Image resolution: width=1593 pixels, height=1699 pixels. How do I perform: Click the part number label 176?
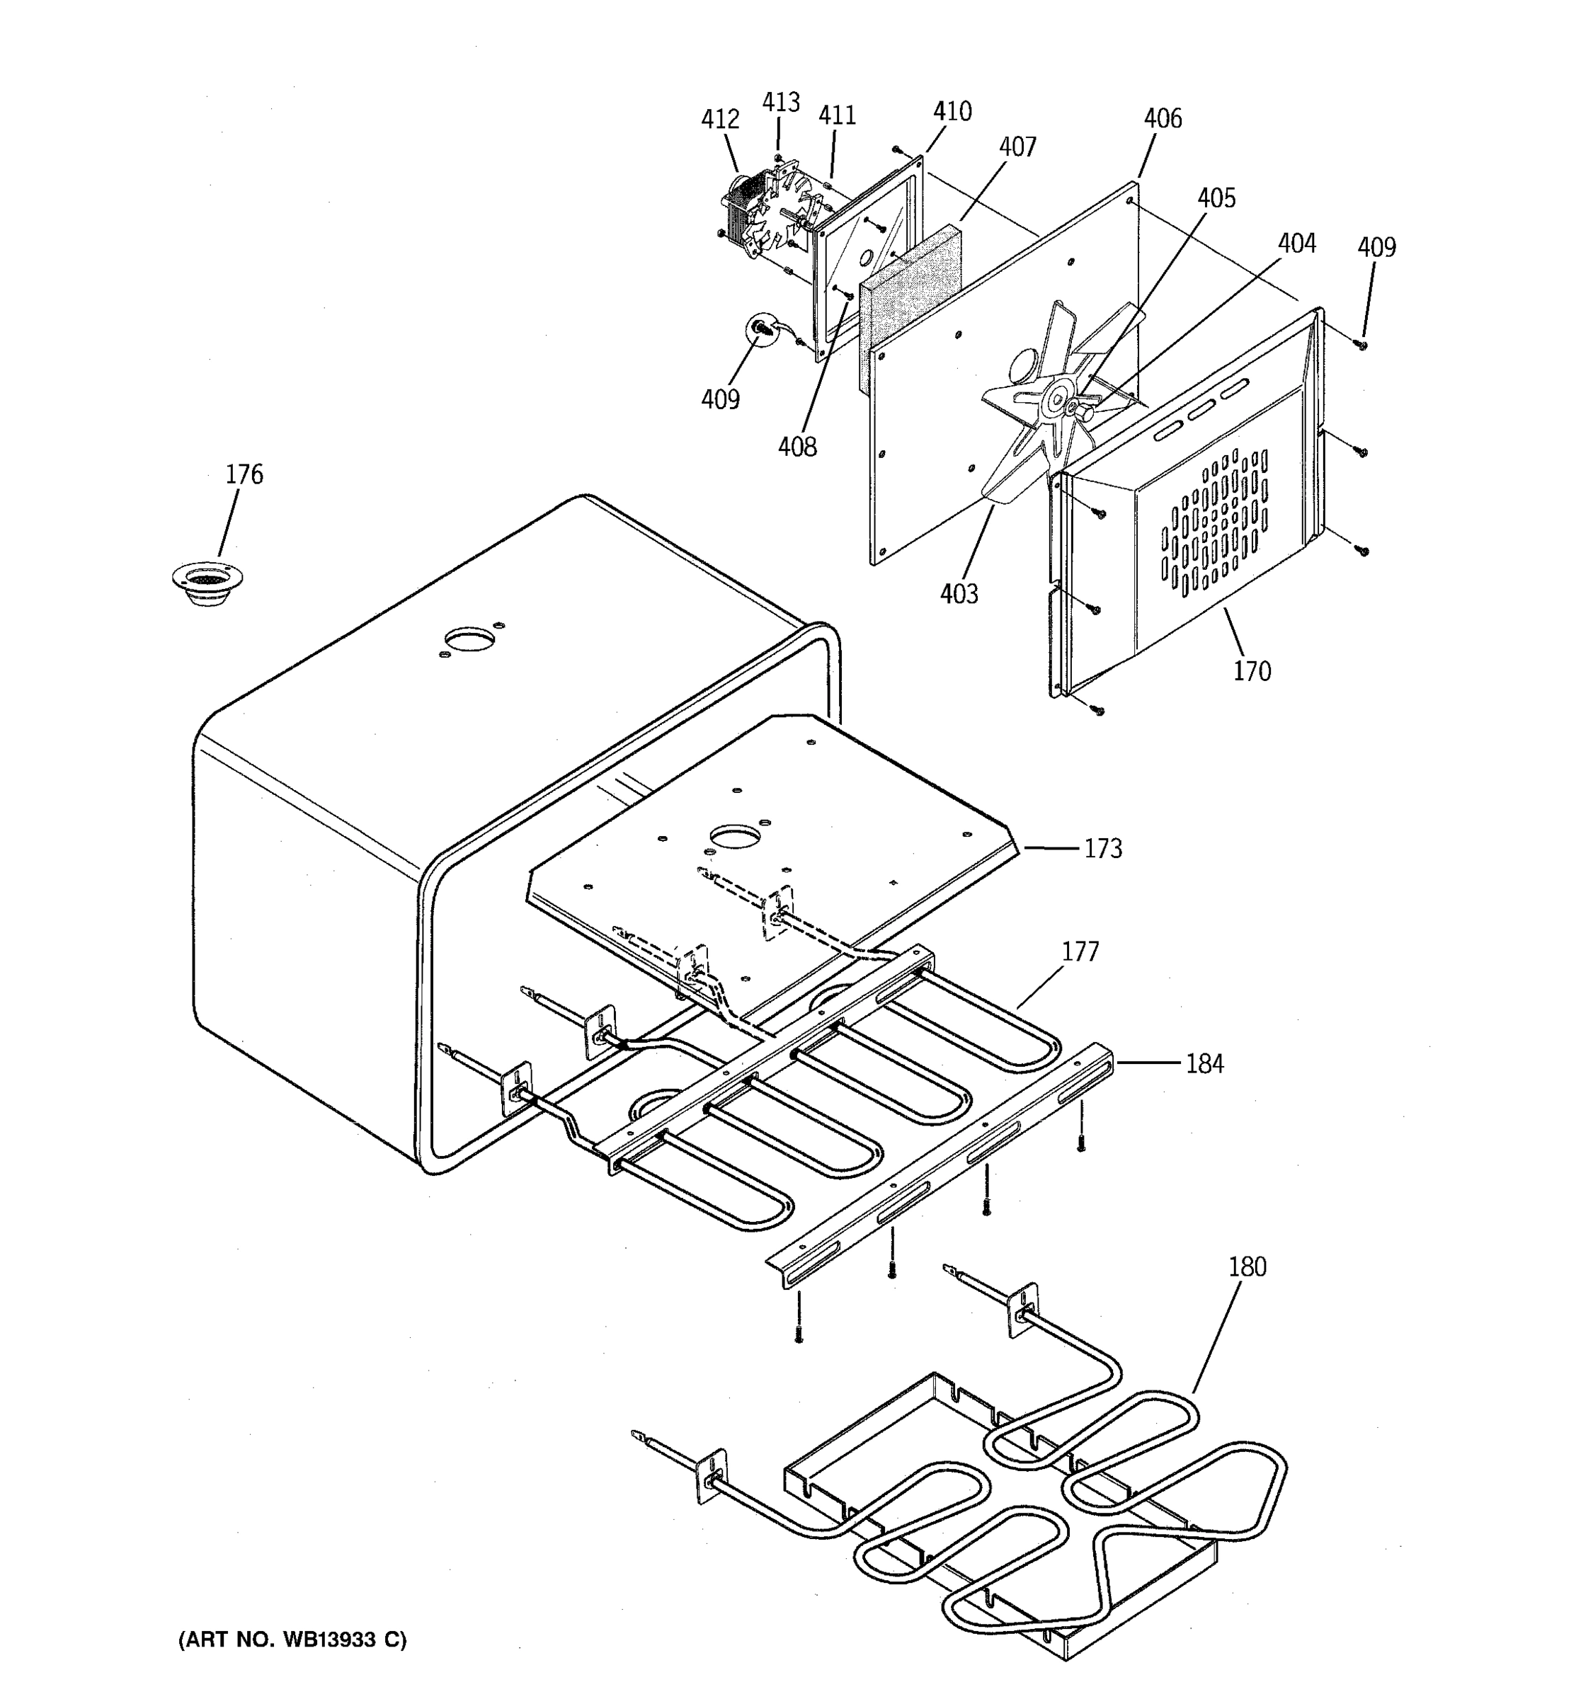click(244, 474)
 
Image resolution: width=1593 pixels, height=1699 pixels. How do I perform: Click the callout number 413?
click(780, 103)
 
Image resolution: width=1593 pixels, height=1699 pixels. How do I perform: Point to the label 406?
click(1163, 119)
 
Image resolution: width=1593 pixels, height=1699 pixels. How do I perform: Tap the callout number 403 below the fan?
click(959, 593)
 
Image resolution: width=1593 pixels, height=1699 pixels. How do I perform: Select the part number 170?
click(1251, 671)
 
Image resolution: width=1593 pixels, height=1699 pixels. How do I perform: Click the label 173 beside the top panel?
click(1102, 849)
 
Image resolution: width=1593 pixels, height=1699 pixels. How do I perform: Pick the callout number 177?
click(1080, 951)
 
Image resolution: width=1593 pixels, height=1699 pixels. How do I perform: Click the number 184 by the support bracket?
click(1204, 1063)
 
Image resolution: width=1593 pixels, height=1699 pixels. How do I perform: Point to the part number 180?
click(1247, 1266)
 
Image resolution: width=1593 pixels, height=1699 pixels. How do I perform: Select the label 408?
click(796, 446)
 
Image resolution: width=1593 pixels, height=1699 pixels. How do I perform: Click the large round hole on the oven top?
click(469, 639)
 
